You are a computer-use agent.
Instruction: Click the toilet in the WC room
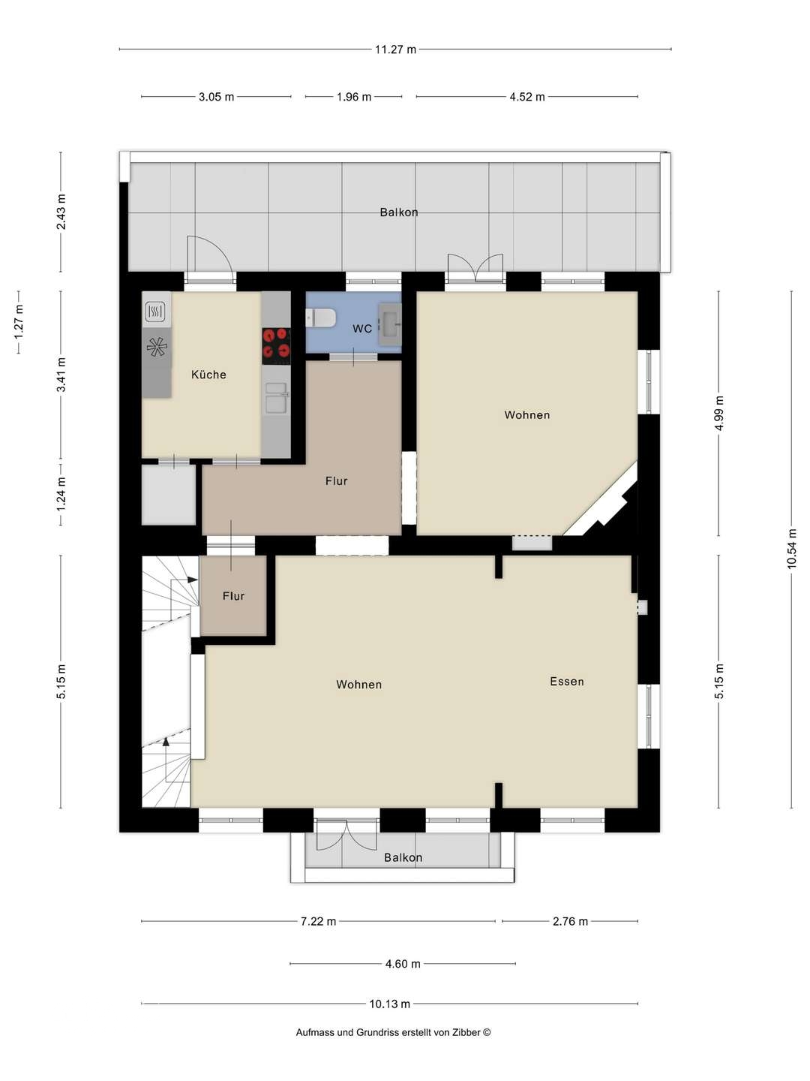click(320, 318)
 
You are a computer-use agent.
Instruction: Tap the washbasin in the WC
click(389, 324)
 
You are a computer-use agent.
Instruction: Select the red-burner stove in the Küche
click(276, 346)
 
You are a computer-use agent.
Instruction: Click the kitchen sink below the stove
click(276, 397)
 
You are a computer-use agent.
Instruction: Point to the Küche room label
click(208, 375)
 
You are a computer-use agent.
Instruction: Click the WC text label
click(362, 329)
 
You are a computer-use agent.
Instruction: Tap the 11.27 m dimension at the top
click(395, 50)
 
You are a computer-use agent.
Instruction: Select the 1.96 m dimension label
click(353, 97)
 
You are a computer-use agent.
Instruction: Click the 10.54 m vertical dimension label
click(791, 548)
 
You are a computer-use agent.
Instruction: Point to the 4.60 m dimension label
click(403, 963)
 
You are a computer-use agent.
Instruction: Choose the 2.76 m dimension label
click(570, 921)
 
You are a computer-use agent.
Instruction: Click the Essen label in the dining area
click(566, 681)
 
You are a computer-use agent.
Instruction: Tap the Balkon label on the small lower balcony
click(403, 857)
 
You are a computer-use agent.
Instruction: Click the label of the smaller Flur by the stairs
click(233, 596)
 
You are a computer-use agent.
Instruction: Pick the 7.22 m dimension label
click(318, 921)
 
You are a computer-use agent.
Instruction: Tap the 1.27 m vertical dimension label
click(19, 322)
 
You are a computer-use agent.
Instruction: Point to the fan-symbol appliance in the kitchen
click(157, 348)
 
